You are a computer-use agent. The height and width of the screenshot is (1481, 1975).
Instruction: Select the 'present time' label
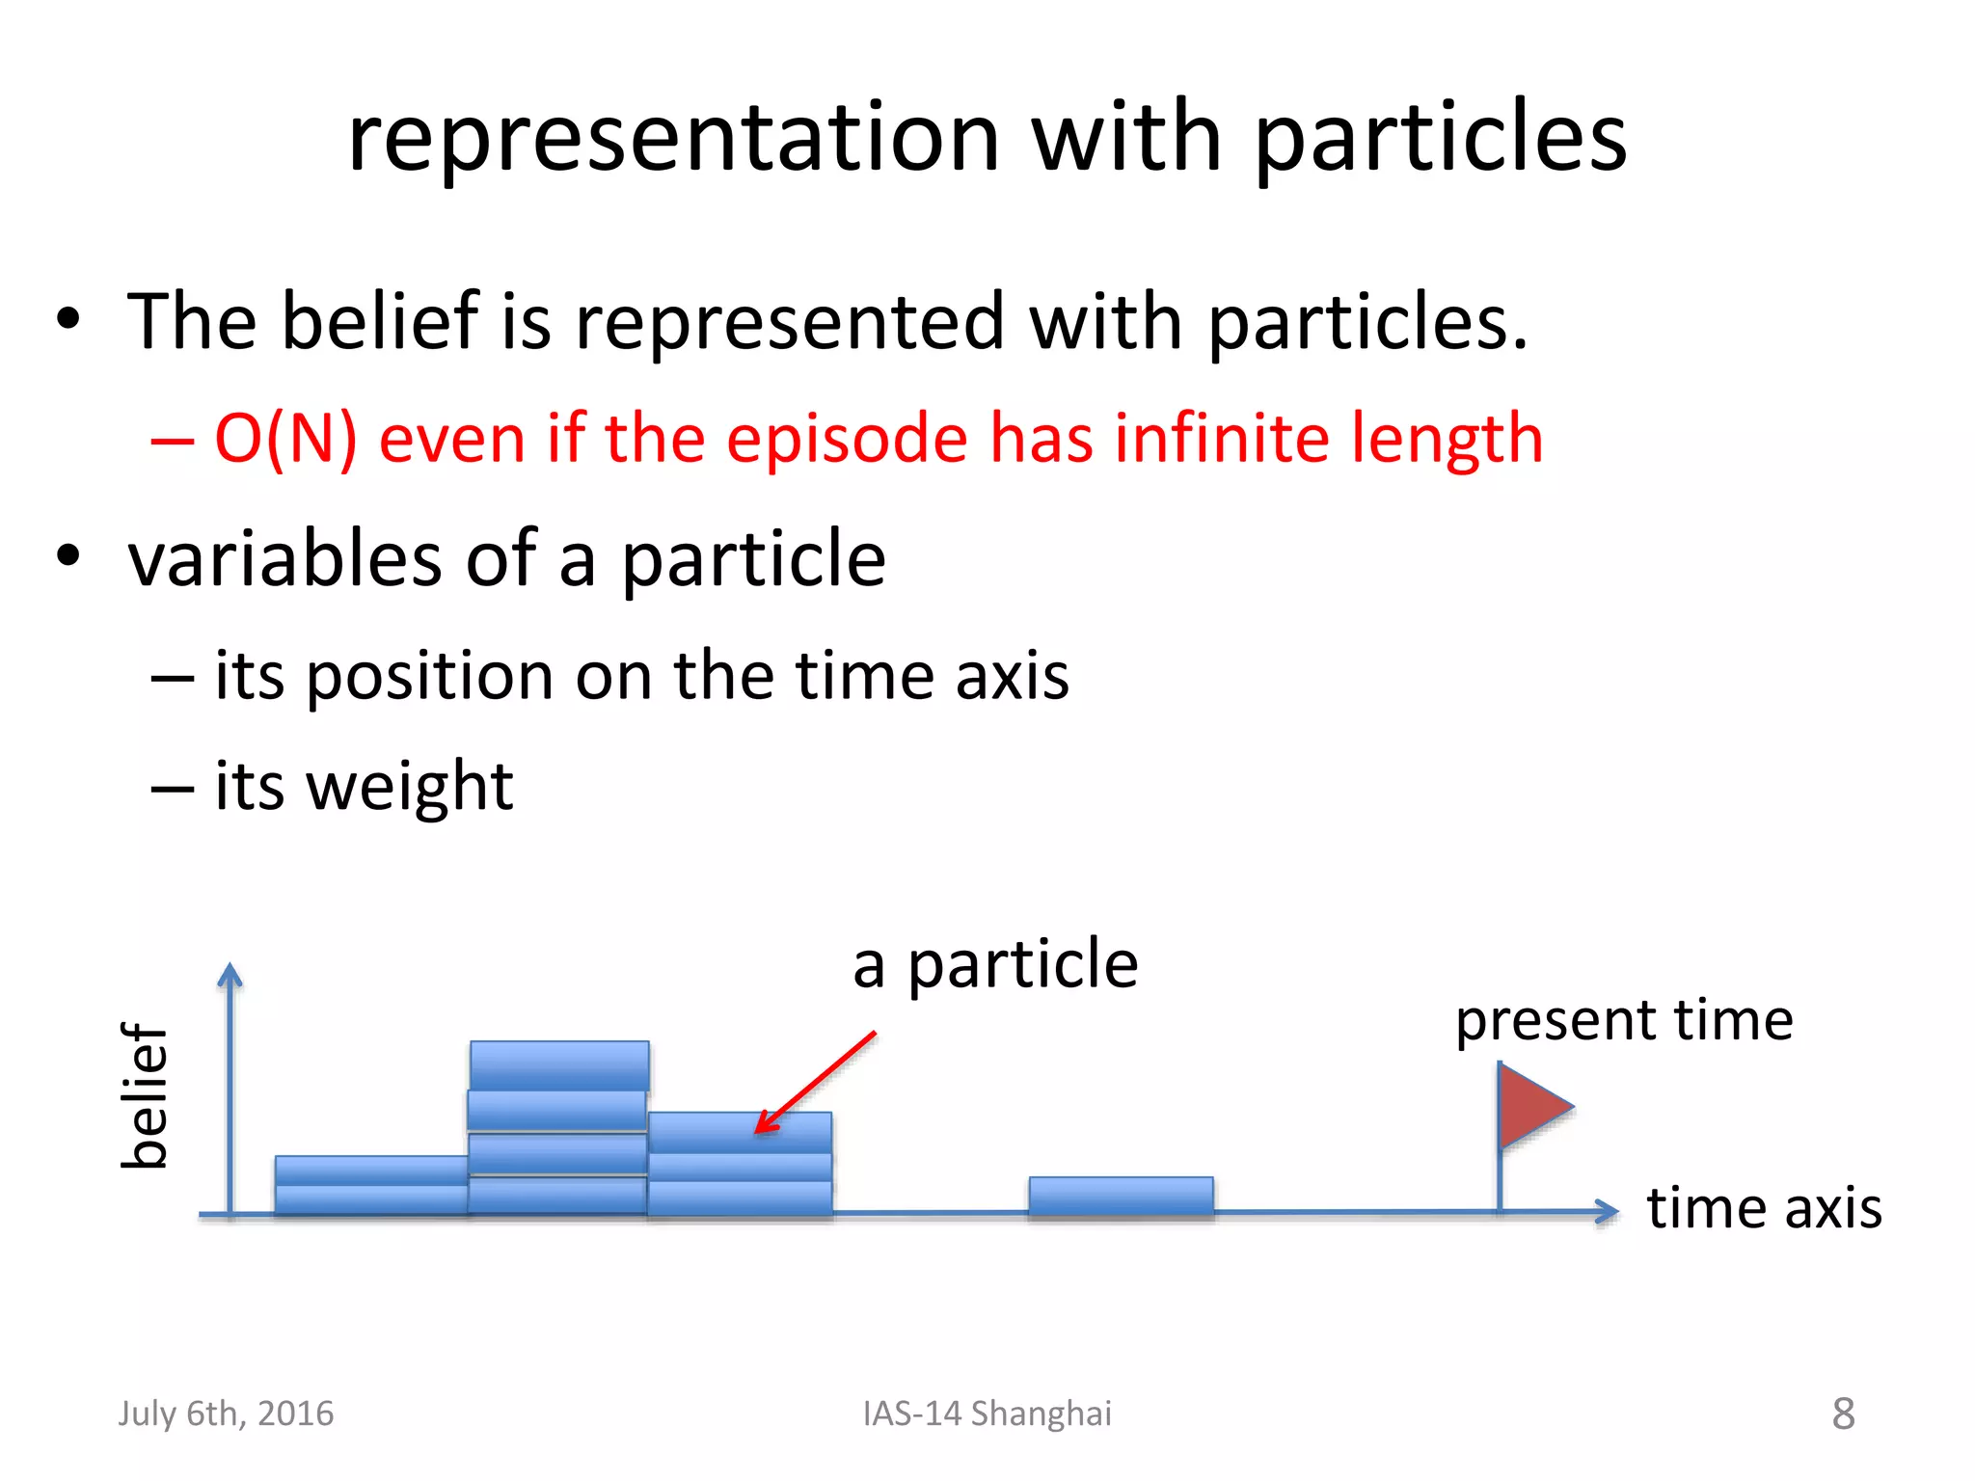(1624, 1020)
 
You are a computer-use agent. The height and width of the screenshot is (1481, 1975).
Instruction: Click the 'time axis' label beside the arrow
(1764, 1208)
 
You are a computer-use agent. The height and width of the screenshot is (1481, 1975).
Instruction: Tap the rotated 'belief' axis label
(145, 1096)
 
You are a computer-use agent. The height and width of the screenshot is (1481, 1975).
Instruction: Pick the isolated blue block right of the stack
(1121, 1196)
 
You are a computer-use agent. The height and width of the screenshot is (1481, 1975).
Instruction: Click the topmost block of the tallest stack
(559, 1064)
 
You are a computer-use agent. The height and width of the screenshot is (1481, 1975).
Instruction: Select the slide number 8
(1843, 1414)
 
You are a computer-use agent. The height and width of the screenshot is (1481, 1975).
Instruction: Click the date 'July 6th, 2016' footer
(226, 1414)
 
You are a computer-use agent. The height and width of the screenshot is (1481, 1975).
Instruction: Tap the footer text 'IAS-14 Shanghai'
(987, 1414)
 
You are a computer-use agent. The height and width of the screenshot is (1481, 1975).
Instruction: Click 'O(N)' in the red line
(285, 439)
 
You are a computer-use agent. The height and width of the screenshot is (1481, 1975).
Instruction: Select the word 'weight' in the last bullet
(410, 786)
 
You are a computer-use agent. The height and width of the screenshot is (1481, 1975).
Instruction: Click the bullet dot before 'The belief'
(68, 319)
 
